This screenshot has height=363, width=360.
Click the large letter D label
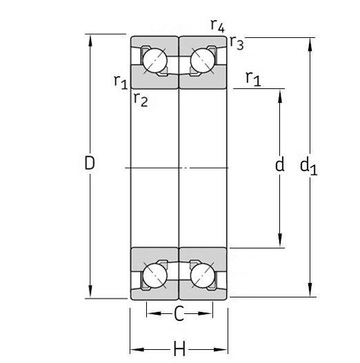pyautogui.click(x=89, y=164)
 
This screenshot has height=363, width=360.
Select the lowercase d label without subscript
pyautogui.click(x=279, y=164)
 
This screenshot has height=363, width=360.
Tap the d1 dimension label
pyautogui.click(x=308, y=166)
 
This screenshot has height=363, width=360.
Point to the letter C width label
pyautogui.click(x=179, y=315)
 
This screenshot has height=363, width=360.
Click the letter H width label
pyautogui.click(x=179, y=350)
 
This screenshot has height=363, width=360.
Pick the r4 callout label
pyautogui.click(x=217, y=26)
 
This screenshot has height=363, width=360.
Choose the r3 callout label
pyautogui.click(x=237, y=43)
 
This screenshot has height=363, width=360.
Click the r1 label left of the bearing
pyautogui.click(x=120, y=81)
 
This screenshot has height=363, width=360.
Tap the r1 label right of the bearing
pyautogui.click(x=253, y=79)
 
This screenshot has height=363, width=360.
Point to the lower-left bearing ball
pyautogui.click(x=153, y=276)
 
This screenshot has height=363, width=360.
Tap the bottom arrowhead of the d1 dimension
pyautogui.click(x=309, y=292)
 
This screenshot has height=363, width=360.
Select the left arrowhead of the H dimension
pyautogui.click(x=135, y=350)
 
